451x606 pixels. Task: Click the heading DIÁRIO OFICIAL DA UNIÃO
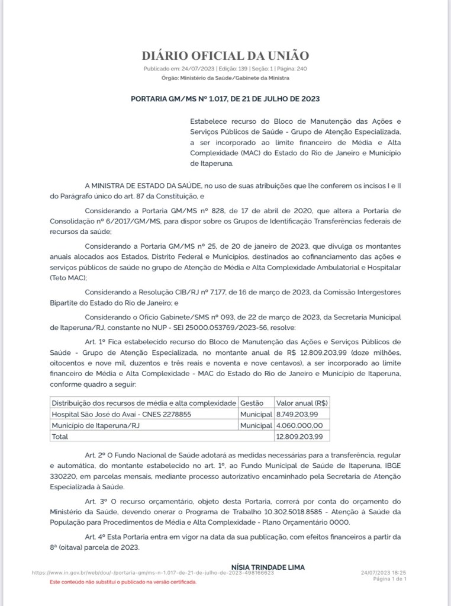[x=225, y=56]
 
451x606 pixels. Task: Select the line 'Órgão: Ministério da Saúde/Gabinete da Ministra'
[x=225, y=78]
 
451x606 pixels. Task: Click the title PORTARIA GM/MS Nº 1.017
[x=225, y=99]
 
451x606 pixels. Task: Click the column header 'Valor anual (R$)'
[x=302, y=403]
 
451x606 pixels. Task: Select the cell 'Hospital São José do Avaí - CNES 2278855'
[x=121, y=414]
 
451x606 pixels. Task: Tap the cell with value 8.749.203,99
[x=297, y=414]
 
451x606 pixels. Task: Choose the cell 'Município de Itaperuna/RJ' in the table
[x=95, y=425]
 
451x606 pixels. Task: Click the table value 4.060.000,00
[x=299, y=425]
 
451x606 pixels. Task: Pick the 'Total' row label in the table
[x=60, y=437]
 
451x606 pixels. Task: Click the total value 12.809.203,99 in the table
[x=299, y=437]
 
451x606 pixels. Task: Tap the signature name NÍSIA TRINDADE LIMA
[x=268, y=567]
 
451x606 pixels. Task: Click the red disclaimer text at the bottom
[x=123, y=582]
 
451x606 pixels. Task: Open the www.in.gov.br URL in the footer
[x=153, y=573]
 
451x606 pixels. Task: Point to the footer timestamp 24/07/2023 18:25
[x=383, y=573]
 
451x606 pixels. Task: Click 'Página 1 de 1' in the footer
[x=390, y=579]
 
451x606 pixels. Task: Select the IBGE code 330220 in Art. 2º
[x=62, y=477]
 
